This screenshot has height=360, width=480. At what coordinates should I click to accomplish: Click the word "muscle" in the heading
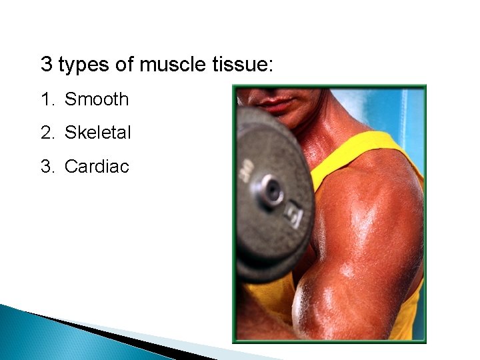[175, 65]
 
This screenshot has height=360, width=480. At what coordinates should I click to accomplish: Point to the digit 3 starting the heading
[46, 65]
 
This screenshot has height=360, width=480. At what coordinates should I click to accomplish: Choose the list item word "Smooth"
[97, 99]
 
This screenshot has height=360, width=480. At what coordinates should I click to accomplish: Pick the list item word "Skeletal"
[98, 133]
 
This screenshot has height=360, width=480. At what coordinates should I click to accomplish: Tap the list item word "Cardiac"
[97, 166]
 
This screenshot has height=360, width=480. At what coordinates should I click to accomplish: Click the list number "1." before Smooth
[48, 99]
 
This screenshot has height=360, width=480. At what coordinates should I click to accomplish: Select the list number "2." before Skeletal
[48, 133]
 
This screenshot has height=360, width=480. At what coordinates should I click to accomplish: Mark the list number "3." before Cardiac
[48, 166]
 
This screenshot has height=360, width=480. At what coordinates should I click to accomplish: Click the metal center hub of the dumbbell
[271, 191]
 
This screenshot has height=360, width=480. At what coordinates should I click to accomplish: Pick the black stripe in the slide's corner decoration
[133, 340]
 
